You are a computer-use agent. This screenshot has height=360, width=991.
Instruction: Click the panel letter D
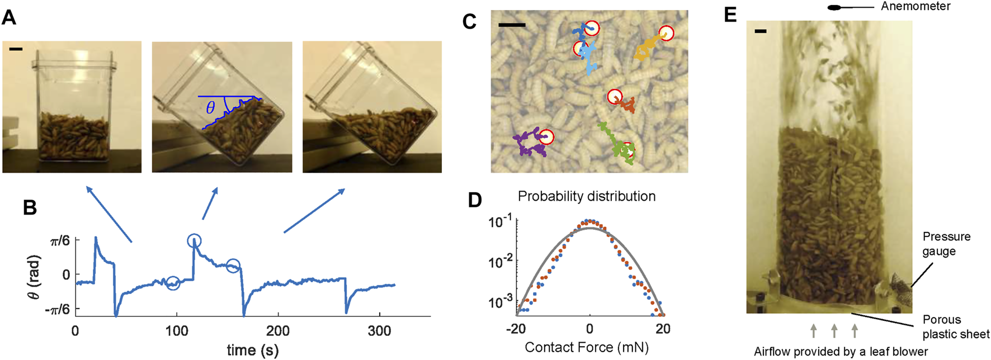click(x=475, y=200)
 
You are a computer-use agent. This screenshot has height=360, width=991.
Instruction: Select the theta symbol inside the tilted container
click(x=210, y=107)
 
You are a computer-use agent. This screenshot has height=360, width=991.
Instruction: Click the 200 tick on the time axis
click(x=278, y=331)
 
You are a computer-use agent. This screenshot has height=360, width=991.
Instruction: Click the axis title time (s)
click(x=252, y=350)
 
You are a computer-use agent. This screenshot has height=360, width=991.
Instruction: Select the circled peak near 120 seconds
click(x=194, y=241)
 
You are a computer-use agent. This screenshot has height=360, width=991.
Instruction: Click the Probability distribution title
click(x=587, y=197)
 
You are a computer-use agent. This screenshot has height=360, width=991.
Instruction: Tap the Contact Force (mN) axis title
click(x=587, y=348)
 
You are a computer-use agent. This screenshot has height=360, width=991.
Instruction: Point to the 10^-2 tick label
click(x=499, y=262)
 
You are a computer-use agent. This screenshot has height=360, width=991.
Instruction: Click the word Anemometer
click(x=916, y=7)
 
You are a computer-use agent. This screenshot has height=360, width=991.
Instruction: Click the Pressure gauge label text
click(x=946, y=244)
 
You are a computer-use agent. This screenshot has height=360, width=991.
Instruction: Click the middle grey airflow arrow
click(x=834, y=330)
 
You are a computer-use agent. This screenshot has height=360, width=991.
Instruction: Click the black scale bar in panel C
click(x=512, y=25)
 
